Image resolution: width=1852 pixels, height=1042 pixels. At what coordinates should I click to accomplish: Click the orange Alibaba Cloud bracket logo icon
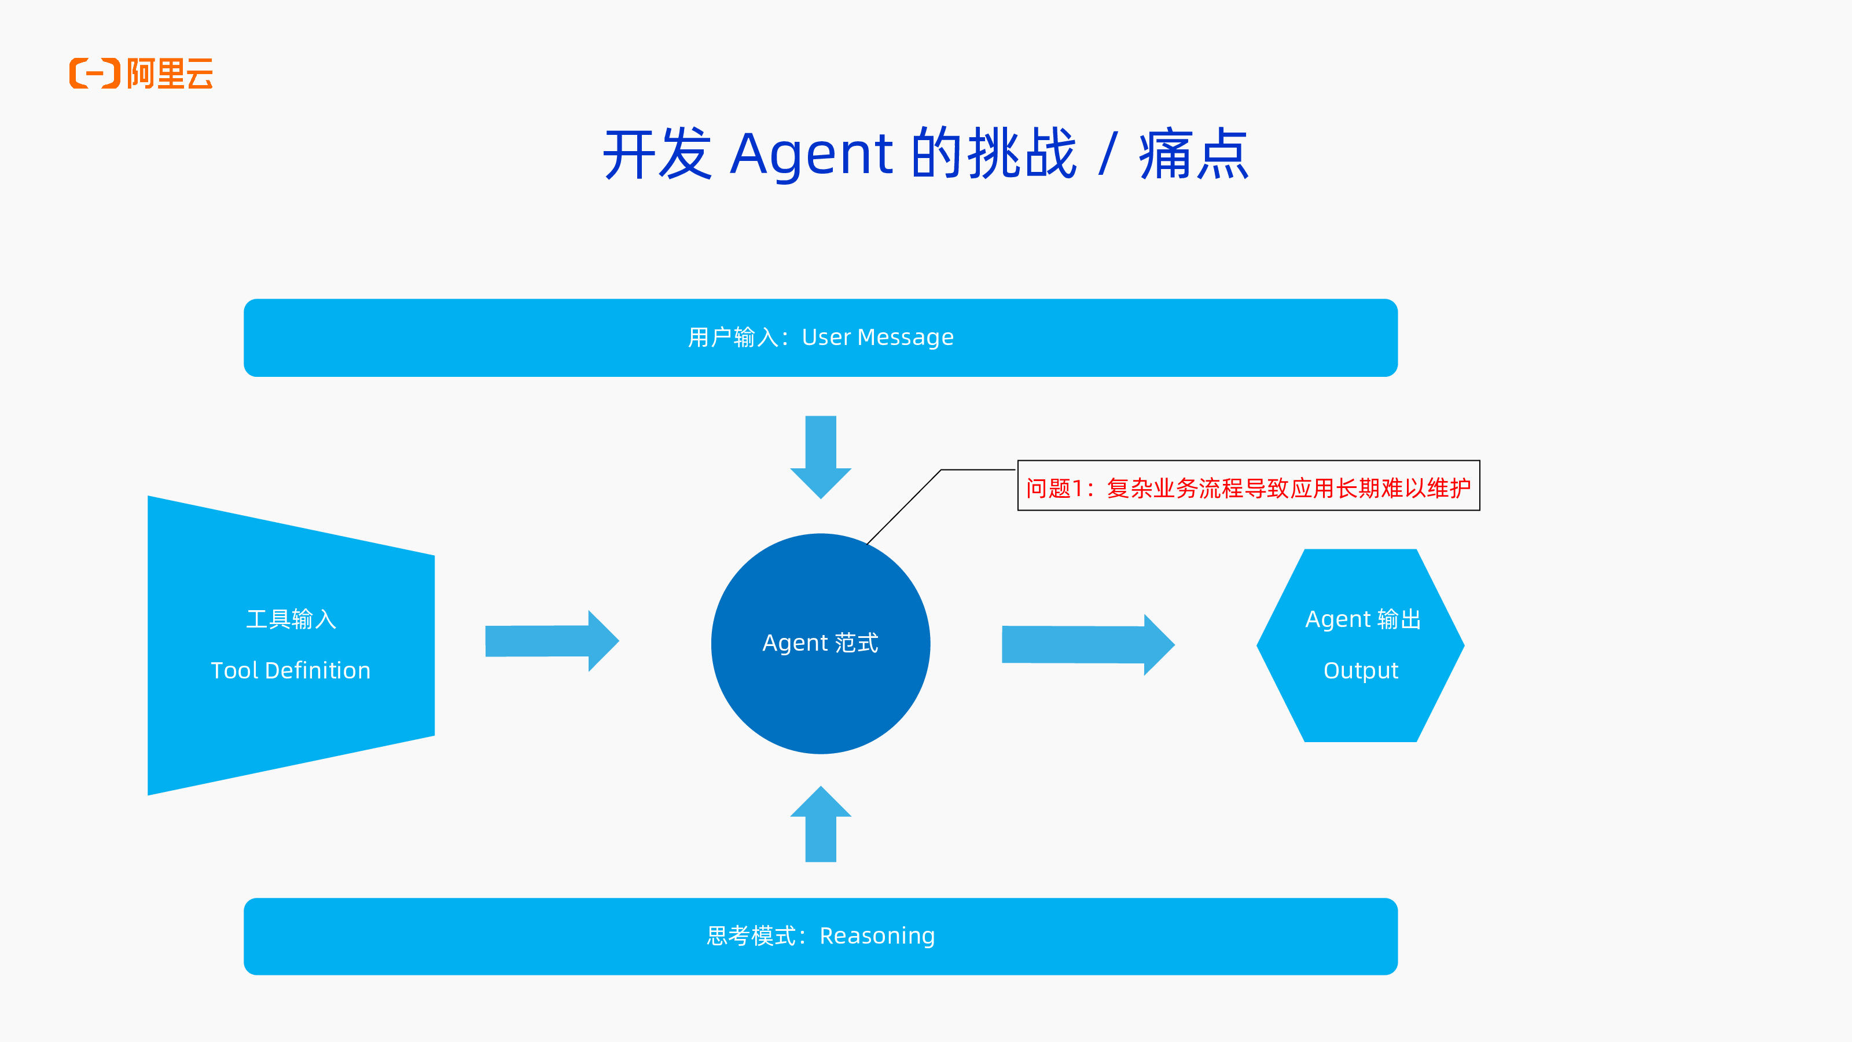94,74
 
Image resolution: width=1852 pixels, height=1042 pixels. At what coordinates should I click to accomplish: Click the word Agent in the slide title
811,154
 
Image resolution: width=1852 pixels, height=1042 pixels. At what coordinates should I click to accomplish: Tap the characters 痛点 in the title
1193,154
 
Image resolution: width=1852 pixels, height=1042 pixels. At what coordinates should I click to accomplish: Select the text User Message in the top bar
877,337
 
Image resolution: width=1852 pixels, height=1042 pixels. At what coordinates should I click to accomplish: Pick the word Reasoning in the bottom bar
877,935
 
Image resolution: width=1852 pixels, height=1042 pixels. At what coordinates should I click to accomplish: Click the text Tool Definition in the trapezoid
291,670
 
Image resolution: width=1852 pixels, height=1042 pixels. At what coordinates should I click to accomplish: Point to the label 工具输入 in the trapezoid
291,619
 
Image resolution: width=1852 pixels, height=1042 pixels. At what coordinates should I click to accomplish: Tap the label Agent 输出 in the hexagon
1362,619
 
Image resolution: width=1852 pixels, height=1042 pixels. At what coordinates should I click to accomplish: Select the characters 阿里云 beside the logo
170,74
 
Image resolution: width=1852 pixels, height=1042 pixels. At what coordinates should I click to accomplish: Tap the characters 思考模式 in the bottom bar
751,935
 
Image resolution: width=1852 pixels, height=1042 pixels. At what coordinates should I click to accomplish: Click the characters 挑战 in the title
1021,154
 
